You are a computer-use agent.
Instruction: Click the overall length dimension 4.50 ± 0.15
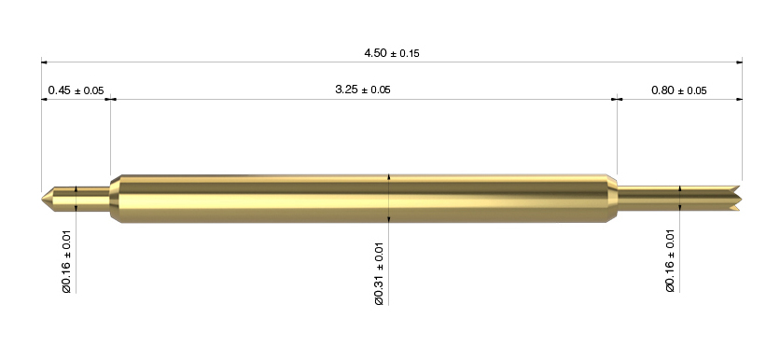click(392, 53)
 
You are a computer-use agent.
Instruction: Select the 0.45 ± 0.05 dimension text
click(76, 90)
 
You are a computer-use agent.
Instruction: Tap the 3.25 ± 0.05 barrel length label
click(363, 90)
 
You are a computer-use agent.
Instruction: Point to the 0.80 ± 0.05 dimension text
click(678, 90)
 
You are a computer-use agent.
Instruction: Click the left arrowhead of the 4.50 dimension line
click(44, 62)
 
